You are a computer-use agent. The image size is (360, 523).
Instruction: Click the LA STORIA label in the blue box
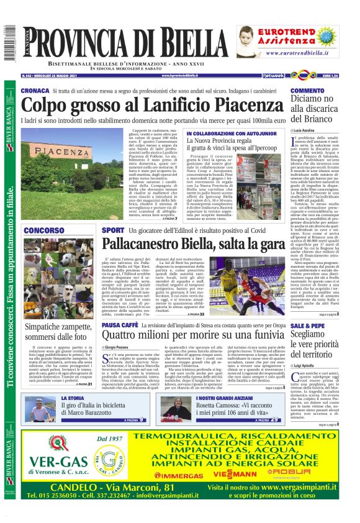(71, 398)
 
